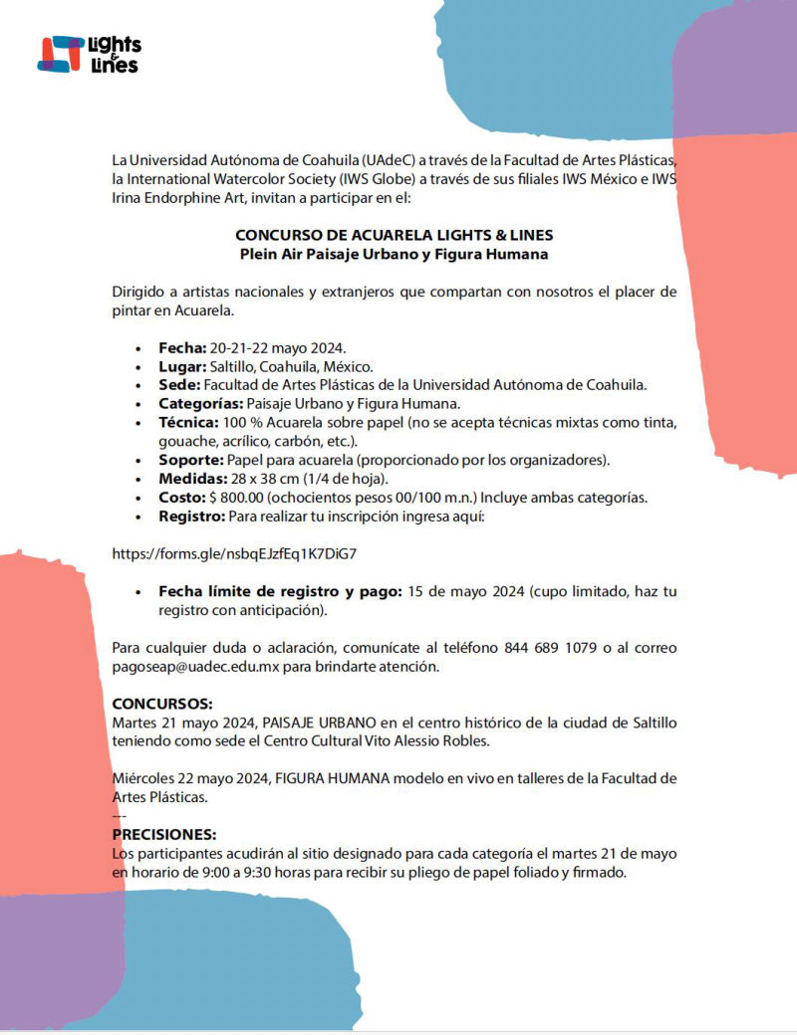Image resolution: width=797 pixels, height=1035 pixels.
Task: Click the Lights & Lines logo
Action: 89,54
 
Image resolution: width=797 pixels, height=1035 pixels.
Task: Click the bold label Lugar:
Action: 182,366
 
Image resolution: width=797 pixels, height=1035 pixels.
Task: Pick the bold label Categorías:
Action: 200,404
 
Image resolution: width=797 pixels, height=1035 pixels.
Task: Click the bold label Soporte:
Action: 191,460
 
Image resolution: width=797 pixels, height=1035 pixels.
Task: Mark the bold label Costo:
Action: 182,498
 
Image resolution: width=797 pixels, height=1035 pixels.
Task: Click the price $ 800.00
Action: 236,498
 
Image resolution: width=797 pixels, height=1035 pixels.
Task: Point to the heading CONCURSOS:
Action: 161,704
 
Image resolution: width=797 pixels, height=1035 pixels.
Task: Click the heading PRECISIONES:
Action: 163,834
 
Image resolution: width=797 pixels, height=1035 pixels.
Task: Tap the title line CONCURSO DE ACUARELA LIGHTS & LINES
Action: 394,236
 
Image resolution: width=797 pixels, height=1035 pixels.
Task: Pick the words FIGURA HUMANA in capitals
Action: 332,778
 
